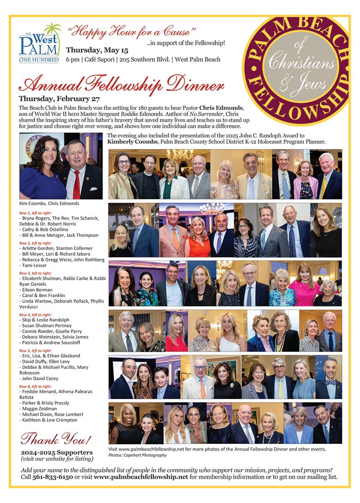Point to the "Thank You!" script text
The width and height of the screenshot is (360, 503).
56,439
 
